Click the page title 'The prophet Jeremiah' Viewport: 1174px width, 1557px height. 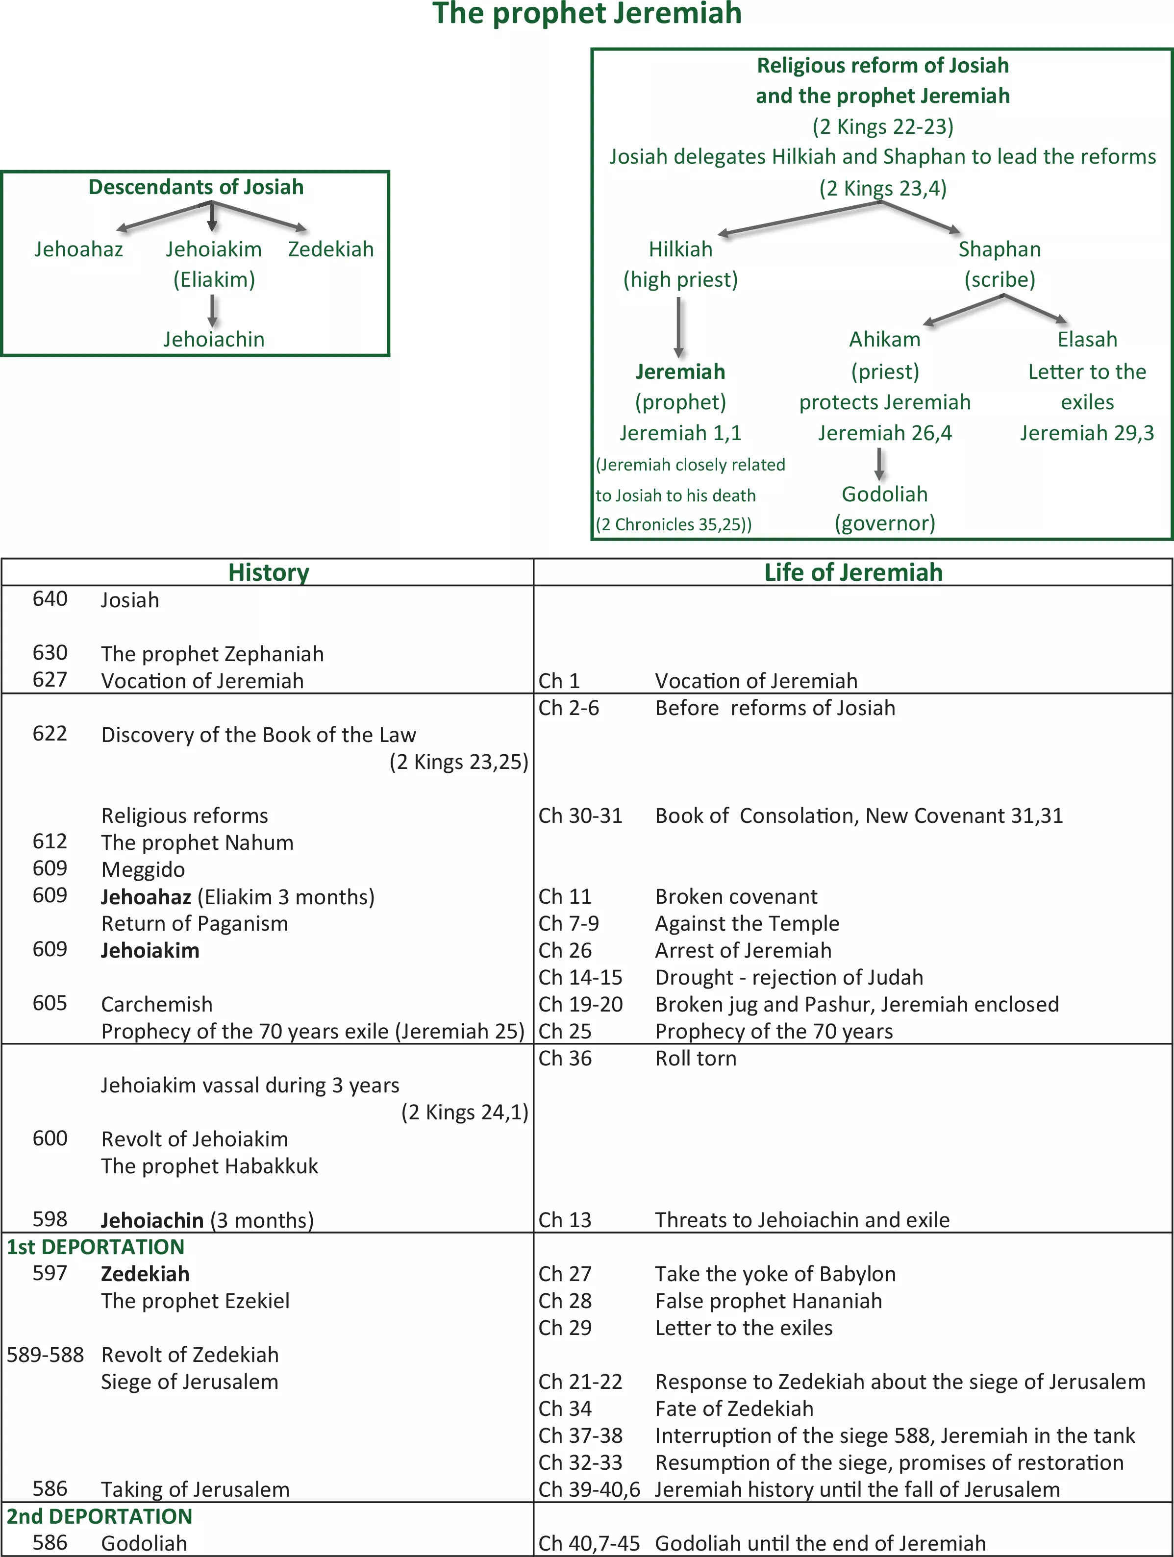coord(587,13)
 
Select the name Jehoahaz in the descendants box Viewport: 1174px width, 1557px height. coord(79,249)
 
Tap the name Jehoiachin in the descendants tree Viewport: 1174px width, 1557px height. coord(214,339)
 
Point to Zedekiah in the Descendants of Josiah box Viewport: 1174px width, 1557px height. coord(331,249)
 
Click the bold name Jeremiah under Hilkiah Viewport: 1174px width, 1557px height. coord(680,371)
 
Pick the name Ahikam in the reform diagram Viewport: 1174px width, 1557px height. coord(885,339)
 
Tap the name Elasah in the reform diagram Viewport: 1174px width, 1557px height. coord(1087,339)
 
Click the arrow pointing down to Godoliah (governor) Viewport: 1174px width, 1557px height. coord(879,464)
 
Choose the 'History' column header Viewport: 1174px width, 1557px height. coord(269,573)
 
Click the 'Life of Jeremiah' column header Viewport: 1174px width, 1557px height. coord(854,572)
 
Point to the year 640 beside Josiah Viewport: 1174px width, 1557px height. coord(50,599)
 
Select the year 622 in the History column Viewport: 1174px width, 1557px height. coord(50,734)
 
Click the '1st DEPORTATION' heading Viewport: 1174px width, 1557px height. coord(96,1247)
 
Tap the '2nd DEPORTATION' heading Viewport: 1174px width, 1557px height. coord(99,1516)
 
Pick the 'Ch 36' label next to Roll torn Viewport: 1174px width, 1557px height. coord(565,1058)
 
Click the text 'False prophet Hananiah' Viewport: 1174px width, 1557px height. coord(769,1301)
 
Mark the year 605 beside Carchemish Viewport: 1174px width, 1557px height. coord(50,1003)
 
